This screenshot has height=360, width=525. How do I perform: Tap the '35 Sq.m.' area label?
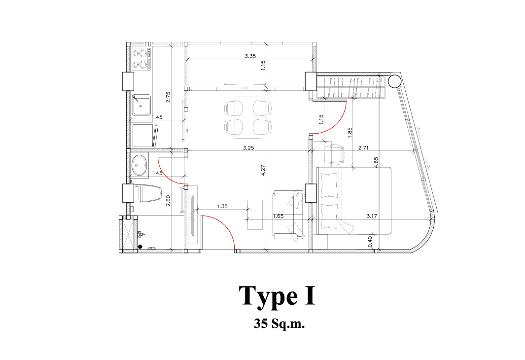point(279,324)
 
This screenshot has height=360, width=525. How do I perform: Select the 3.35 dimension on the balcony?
point(250,56)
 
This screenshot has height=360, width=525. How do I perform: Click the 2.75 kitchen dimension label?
point(169,97)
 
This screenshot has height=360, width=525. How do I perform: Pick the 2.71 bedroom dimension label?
point(363,147)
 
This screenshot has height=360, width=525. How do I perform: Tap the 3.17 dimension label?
point(372,216)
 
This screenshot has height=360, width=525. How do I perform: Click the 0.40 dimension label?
point(370,242)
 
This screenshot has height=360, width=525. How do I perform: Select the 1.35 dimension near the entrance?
point(222,206)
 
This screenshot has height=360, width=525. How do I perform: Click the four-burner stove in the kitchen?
point(141,59)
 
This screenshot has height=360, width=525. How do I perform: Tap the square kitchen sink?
point(141,105)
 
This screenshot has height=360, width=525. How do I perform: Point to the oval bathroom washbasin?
point(140,165)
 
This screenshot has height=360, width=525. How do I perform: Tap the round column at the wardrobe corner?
point(394,81)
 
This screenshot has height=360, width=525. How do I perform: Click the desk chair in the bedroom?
point(334,154)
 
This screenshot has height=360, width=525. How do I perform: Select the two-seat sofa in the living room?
point(288,215)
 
